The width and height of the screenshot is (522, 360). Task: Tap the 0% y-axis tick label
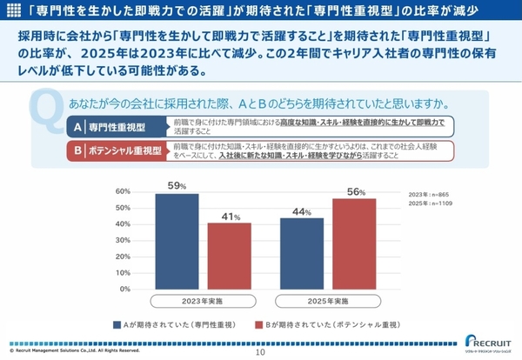pos(125,290)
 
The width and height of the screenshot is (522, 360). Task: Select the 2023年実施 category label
pos(203,301)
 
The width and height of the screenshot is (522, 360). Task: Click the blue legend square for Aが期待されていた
pos(117,325)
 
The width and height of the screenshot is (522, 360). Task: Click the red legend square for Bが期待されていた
pos(258,325)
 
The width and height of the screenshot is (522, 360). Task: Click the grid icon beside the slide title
pos(13,11)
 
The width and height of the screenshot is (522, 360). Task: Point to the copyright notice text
pos(70,352)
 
